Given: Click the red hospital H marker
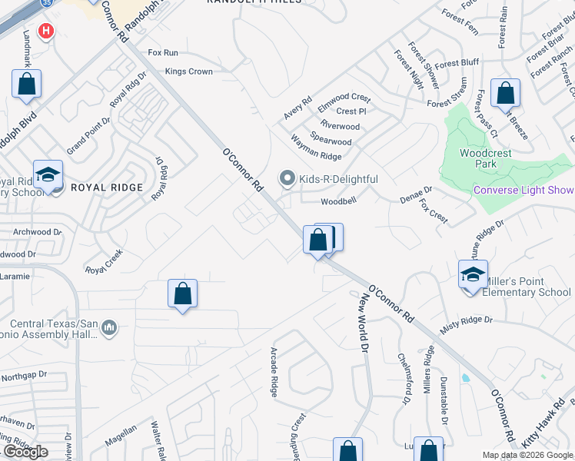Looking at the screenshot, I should pyautogui.click(x=46, y=32).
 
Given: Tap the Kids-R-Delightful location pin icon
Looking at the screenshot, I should pyautogui.click(x=287, y=179).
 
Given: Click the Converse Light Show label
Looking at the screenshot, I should pyautogui.click(x=523, y=191).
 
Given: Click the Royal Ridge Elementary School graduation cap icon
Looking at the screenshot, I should pyautogui.click(x=47, y=175).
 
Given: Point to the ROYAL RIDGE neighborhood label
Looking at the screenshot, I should pyautogui.click(x=107, y=187).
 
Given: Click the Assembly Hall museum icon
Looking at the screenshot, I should pyautogui.click(x=109, y=328).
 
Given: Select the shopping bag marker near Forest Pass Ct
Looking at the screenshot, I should pyautogui.click(x=505, y=94).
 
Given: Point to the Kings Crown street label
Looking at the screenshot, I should pyautogui.click(x=189, y=71).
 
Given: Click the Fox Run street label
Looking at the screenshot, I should pyautogui.click(x=163, y=52).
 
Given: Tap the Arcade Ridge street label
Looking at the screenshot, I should pyautogui.click(x=274, y=373).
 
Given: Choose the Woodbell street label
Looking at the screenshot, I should pyautogui.click(x=339, y=201).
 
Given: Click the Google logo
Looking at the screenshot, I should pyautogui.click(x=25, y=452).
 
